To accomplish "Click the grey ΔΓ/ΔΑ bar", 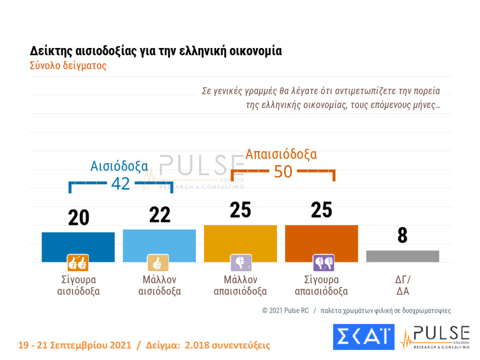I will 403,256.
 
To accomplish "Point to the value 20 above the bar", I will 79,218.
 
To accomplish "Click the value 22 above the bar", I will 160,215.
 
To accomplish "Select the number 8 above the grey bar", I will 403,236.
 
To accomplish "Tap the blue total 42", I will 121,184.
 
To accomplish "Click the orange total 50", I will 283,172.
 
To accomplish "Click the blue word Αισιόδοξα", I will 119,166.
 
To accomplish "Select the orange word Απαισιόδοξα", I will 281,154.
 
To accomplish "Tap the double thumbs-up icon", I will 78,263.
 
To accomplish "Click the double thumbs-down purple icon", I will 323,263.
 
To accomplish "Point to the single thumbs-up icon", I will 158,263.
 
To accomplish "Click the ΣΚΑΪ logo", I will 364,337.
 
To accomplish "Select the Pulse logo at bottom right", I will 435,337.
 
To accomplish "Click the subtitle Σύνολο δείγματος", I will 68,66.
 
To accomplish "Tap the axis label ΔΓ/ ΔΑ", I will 403,285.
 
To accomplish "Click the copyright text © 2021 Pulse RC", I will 285,310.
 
